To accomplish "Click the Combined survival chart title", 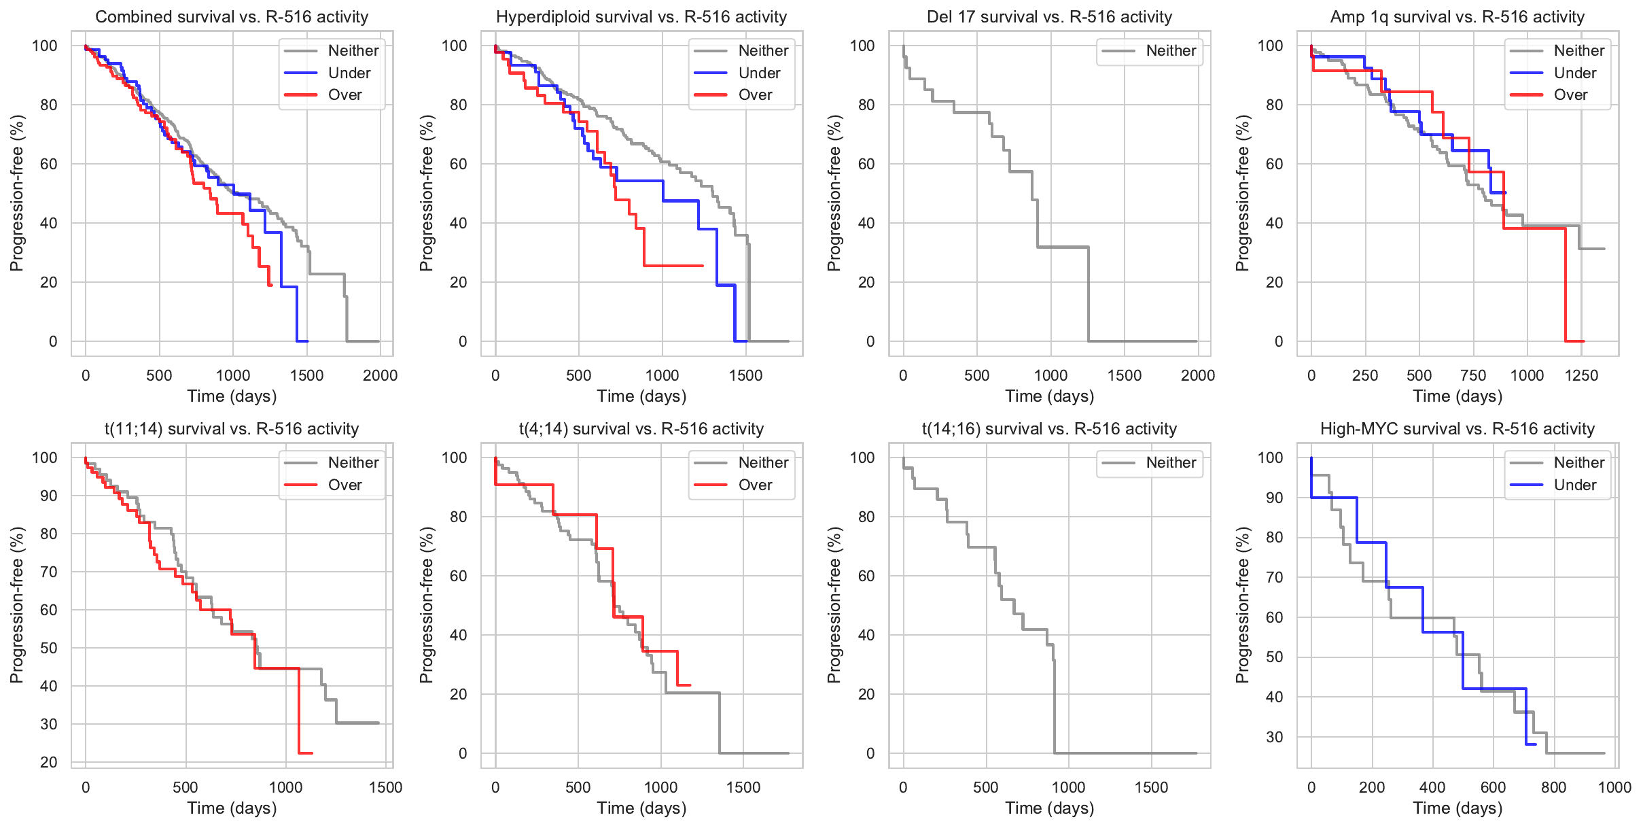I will [x=232, y=17].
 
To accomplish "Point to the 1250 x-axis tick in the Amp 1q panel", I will [x=1581, y=376].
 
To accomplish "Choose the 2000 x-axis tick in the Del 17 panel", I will [x=1198, y=376].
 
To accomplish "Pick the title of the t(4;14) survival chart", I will [x=641, y=429].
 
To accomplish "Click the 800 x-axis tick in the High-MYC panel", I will [x=1554, y=788].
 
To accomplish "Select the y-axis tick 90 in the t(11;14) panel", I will [x=49, y=496].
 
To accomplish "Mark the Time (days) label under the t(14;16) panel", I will [x=1050, y=808].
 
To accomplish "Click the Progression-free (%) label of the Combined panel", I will [x=16, y=193].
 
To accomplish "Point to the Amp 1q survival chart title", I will [x=1457, y=17].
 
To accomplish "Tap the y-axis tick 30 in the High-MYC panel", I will [x=1275, y=737].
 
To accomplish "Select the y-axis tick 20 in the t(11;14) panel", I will [x=49, y=762].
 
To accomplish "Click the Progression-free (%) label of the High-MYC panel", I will [x=1243, y=605].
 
